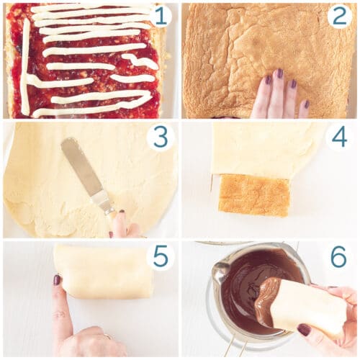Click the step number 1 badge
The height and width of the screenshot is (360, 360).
(x=160, y=15)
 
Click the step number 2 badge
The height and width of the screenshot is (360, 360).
(x=340, y=15)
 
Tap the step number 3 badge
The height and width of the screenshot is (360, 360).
(x=160, y=135)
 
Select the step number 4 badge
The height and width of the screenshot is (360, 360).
(x=340, y=135)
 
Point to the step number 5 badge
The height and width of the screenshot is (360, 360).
(x=160, y=256)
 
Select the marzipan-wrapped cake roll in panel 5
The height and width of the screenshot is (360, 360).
(x=104, y=271)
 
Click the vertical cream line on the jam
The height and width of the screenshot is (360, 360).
(x=26, y=65)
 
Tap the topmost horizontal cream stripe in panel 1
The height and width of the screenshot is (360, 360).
(x=86, y=9)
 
